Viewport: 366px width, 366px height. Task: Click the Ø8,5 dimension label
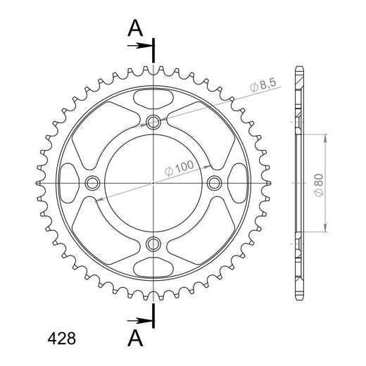263,85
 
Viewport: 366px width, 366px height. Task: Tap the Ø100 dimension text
179,168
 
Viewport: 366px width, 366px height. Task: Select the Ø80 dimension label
319,185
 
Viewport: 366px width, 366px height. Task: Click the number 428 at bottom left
62,339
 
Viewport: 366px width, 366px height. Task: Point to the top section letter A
135,28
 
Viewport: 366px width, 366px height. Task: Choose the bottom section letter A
135,338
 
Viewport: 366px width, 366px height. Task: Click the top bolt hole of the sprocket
153,122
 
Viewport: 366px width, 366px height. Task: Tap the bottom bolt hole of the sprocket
153,244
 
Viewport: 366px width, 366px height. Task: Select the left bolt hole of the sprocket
92,183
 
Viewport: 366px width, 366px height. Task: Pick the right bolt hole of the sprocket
215,183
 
